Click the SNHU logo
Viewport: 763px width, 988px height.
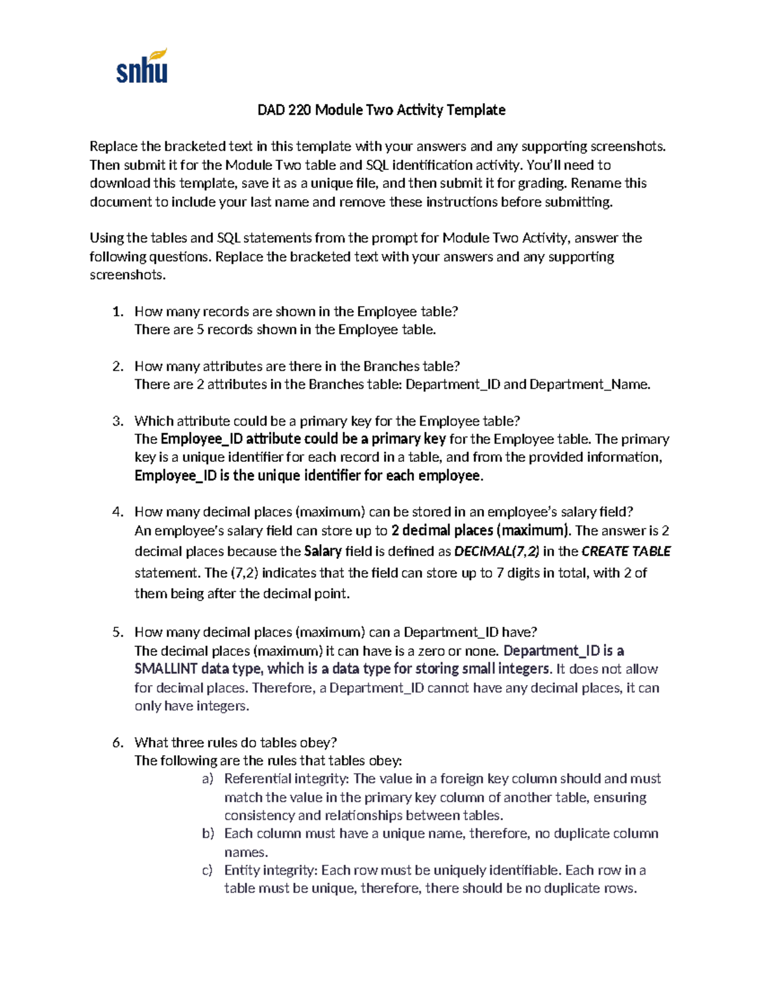pos(142,66)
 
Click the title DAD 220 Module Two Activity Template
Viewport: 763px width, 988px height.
pos(381,110)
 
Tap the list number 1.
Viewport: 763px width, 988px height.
pos(117,312)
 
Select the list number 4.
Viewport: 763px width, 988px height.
pos(117,512)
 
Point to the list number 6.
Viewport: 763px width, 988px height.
pos(117,742)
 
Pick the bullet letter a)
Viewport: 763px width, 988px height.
pos(208,779)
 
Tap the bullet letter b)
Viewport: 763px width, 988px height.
pos(208,833)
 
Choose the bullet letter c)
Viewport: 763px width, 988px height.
pos(208,870)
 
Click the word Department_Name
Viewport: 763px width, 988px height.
pos(589,384)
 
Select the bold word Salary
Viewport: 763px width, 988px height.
pos(323,552)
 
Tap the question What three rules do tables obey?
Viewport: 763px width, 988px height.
pos(235,742)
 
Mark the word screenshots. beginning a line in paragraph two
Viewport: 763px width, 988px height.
pos(127,275)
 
